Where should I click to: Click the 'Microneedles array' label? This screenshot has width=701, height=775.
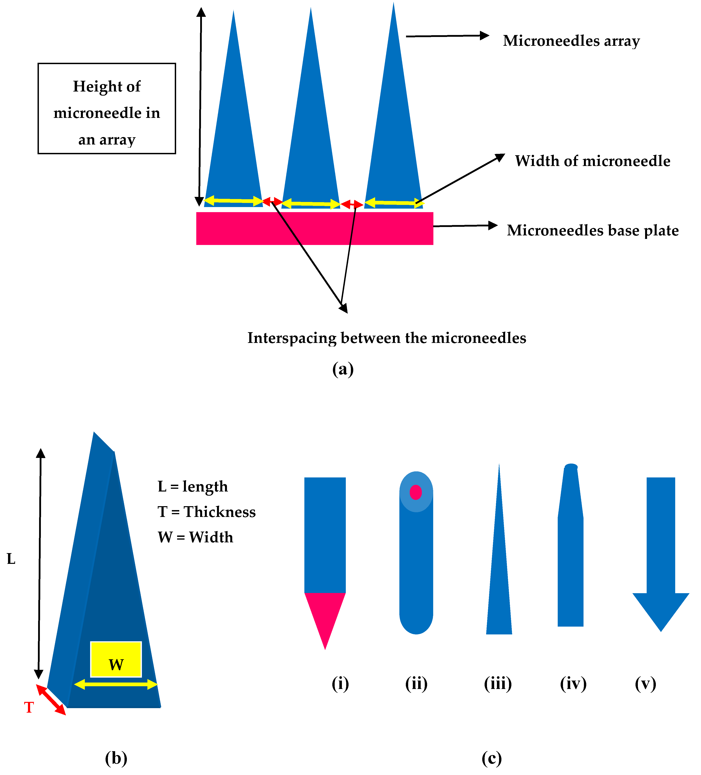571,41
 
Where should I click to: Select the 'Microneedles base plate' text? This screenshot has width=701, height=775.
592,230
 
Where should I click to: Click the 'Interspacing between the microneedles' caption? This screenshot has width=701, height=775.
386,338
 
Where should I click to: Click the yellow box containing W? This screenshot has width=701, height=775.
116,659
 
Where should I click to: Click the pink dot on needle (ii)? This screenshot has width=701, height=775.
415,492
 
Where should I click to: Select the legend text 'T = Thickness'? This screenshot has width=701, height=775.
206,512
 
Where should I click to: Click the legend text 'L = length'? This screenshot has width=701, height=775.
193,486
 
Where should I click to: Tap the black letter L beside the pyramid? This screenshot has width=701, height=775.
11,559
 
